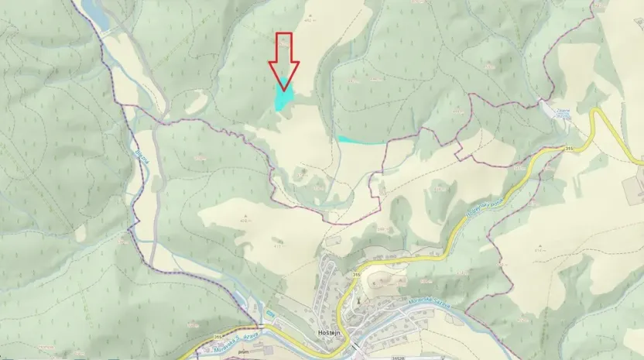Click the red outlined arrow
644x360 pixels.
tap(284, 59)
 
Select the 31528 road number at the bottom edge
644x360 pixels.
tap(400, 357)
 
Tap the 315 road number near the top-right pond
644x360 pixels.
tap(568, 147)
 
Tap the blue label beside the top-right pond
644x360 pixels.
tap(563, 113)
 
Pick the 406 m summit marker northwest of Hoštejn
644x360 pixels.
tap(245, 218)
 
